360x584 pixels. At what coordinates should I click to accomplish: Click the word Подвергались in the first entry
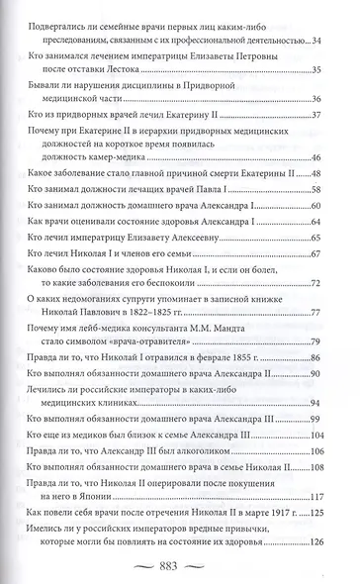(70, 27)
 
